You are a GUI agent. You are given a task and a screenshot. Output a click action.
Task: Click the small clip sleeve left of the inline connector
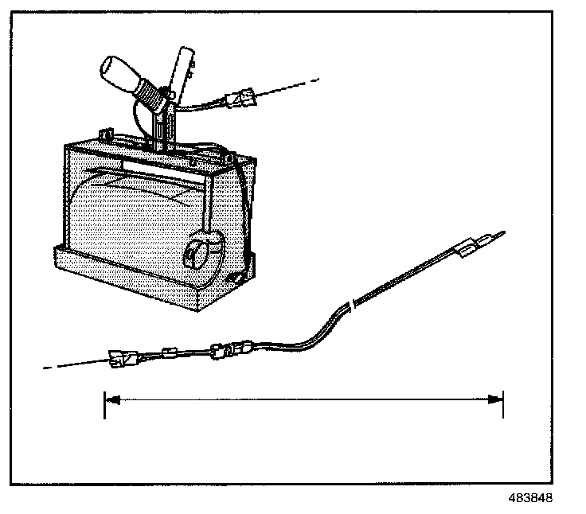coord(168,353)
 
